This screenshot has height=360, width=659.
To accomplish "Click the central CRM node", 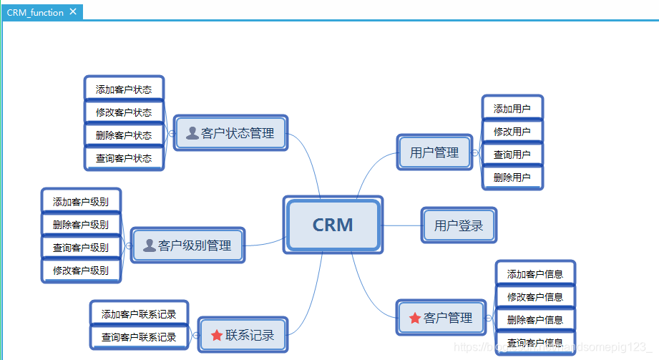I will (x=333, y=225).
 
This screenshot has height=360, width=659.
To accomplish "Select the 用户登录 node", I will (x=458, y=225).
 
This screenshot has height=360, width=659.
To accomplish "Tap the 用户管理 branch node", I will (x=434, y=152).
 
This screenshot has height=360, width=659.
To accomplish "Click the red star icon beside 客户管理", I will (x=414, y=318).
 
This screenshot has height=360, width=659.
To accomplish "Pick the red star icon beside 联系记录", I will (x=217, y=335).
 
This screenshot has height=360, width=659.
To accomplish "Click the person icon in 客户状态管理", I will (x=192, y=132).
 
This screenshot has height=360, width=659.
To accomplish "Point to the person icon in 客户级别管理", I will (x=149, y=245).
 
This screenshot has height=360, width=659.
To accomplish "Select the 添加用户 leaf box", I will (x=512, y=109).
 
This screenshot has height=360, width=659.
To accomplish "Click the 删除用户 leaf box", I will (x=512, y=177).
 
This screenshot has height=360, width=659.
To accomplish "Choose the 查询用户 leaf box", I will (x=512, y=155).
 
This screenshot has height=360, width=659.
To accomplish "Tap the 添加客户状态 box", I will (x=124, y=89).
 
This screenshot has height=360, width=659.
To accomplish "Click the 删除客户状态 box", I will (x=124, y=135).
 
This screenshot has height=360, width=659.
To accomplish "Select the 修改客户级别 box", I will (x=81, y=271).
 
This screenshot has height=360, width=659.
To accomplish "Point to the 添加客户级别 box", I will (x=81, y=202).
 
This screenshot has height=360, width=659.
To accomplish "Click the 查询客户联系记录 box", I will (x=139, y=337).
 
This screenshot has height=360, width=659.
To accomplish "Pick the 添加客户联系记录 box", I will (x=139, y=313).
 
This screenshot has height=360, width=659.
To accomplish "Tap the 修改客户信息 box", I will (x=534, y=297).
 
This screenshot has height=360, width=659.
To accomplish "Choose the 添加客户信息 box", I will (x=534, y=273).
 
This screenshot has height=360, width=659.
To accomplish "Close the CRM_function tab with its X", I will (x=73, y=11).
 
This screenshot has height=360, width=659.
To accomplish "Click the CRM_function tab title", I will (x=35, y=12).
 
